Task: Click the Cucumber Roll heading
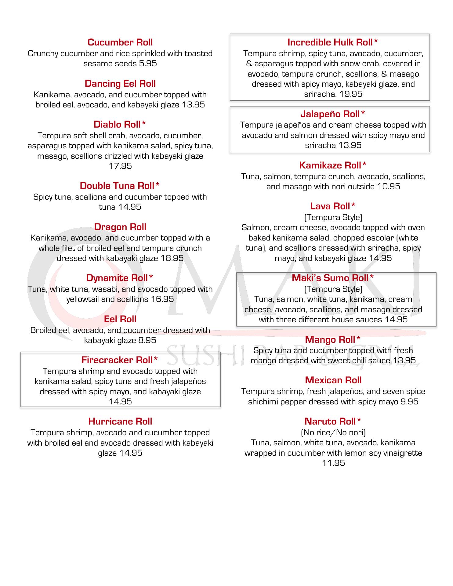pos(120,42)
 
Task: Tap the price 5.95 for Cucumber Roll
pos(148,63)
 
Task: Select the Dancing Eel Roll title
pos(120,84)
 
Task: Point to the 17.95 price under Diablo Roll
pos(120,166)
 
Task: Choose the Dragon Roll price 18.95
pos(172,258)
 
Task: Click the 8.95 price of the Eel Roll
pos(147,340)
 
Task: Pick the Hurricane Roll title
pos(120,421)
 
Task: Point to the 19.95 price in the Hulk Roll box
pos(351,94)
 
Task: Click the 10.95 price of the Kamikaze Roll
pos(389,186)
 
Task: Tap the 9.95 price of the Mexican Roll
pos(409,402)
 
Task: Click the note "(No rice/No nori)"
pos(333,432)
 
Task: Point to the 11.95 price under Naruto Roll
pos(333,463)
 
